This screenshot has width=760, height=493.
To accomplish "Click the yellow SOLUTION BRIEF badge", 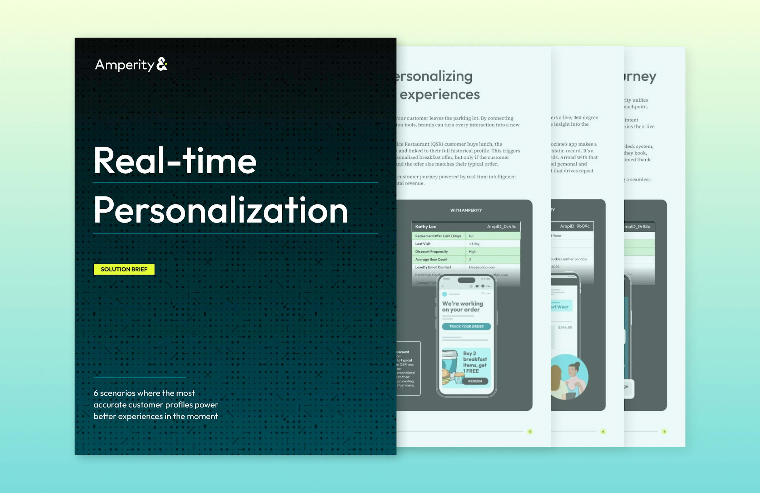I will (x=124, y=269).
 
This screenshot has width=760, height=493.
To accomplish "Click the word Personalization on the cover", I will (x=220, y=210).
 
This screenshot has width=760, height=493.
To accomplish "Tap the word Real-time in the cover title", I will (x=175, y=161).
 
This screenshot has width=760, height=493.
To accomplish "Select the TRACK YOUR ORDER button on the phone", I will (x=466, y=326).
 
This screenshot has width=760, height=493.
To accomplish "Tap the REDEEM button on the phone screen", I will (x=475, y=381).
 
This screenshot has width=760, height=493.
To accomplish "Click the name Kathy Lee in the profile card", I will (x=425, y=227).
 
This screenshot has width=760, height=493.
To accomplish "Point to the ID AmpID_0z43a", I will (x=501, y=227).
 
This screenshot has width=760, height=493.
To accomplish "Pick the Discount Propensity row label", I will (x=431, y=252).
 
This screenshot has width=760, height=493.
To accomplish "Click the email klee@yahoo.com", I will (x=482, y=267).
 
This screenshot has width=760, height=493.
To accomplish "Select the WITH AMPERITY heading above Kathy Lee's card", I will (x=466, y=210).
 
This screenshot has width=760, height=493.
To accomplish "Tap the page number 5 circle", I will (x=530, y=431).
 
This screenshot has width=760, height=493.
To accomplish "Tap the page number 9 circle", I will (x=664, y=431).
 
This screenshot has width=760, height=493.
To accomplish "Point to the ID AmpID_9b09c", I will (x=575, y=226).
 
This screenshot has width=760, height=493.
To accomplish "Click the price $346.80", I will (x=565, y=327).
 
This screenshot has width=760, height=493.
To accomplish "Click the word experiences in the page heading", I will (x=439, y=94).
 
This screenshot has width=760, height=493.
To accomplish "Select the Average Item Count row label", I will (x=431, y=259).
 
